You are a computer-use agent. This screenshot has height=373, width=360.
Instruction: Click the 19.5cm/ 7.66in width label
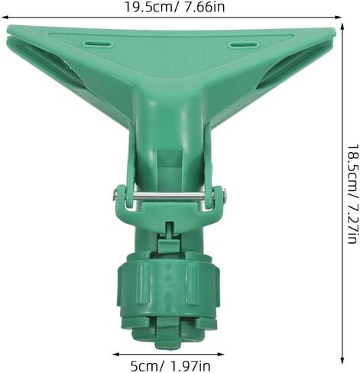pyautogui.click(x=175, y=7)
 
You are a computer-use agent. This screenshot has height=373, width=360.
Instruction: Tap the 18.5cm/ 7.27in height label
pyautogui.click(x=354, y=194)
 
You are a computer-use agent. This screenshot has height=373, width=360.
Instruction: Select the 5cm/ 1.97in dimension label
pyautogui.click(x=170, y=366)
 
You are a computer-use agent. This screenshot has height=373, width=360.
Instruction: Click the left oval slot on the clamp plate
pyautogui.click(x=99, y=44)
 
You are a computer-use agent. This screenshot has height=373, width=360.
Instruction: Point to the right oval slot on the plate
pyautogui.click(x=244, y=45)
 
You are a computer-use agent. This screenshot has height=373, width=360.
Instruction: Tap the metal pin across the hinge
pyautogui.click(x=169, y=196)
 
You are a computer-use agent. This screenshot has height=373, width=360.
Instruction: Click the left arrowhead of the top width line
pyautogui.click(x=5, y=18)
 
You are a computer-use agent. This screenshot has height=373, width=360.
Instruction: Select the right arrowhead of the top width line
pyautogui.click(x=338, y=18)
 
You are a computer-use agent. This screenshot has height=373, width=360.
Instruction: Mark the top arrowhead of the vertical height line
pyautogui.click(x=342, y=27)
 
